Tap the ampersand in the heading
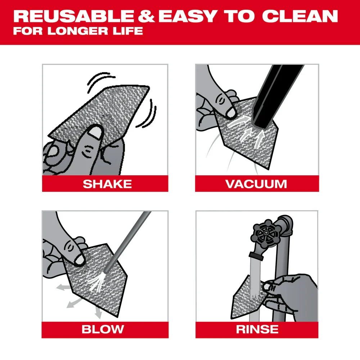click(x=146, y=16)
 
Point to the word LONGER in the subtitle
click(x=72, y=31)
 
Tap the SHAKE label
click(x=107, y=184)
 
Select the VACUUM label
click(x=256, y=184)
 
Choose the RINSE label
click(x=257, y=329)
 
